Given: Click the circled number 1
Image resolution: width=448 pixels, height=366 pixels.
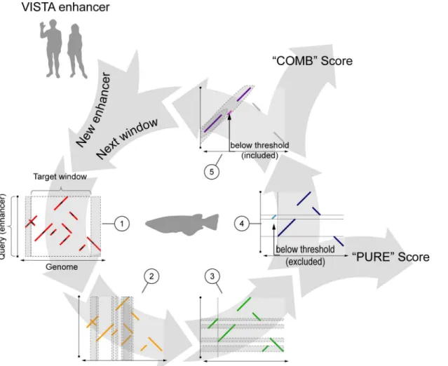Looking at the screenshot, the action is pyautogui.click(x=122, y=224).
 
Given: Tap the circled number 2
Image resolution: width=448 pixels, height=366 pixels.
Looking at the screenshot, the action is pyautogui.click(x=151, y=276).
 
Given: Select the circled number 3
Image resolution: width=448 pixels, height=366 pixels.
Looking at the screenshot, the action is pyautogui.click(x=212, y=276).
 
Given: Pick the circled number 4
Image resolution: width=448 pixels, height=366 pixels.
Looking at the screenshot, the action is pyautogui.click(x=242, y=224).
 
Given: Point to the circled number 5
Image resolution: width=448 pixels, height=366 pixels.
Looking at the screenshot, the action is pyautogui.click(x=212, y=172).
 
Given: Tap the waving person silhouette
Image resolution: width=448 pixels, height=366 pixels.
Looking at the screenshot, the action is pyautogui.click(x=51, y=48).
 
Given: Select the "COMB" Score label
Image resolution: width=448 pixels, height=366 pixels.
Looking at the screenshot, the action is pyautogui.click(x=312, y=61).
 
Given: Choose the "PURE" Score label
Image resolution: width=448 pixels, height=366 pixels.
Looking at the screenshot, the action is pyautogui.click(x=391, y=257).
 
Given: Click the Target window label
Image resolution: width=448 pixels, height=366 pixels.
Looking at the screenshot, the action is pyautogui.click(x=60, y=177).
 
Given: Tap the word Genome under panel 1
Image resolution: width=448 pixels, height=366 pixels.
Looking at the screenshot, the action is pyautogui.click(x=62, y=267).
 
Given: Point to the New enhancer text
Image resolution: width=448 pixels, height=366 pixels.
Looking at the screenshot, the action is pyautogui.click(x=93, y=109).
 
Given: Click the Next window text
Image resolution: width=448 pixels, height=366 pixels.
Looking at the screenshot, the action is pyautogui.click(x=127, y=138).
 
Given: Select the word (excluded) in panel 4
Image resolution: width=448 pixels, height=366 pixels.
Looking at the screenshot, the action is pyautogui.click(x=305, y=262).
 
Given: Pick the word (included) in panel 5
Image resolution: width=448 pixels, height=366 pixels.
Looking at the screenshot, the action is pyautogui.click(x=259, y=155).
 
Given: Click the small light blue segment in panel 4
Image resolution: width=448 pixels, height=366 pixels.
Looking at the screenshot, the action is pyautogui.click(x=274, y=217).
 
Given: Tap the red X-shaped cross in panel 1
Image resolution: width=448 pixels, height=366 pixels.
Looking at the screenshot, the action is pyautogui.click(x=31, y=222).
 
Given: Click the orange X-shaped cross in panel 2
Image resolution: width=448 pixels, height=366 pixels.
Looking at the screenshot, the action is pyautogui.click(x=93, y=322).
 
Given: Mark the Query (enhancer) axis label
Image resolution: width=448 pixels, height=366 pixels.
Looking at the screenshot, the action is pyautogui.click(x=3, y=226).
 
